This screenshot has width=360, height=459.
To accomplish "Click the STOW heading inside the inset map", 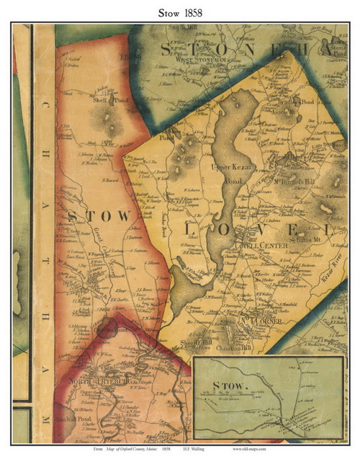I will pos(222,386).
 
